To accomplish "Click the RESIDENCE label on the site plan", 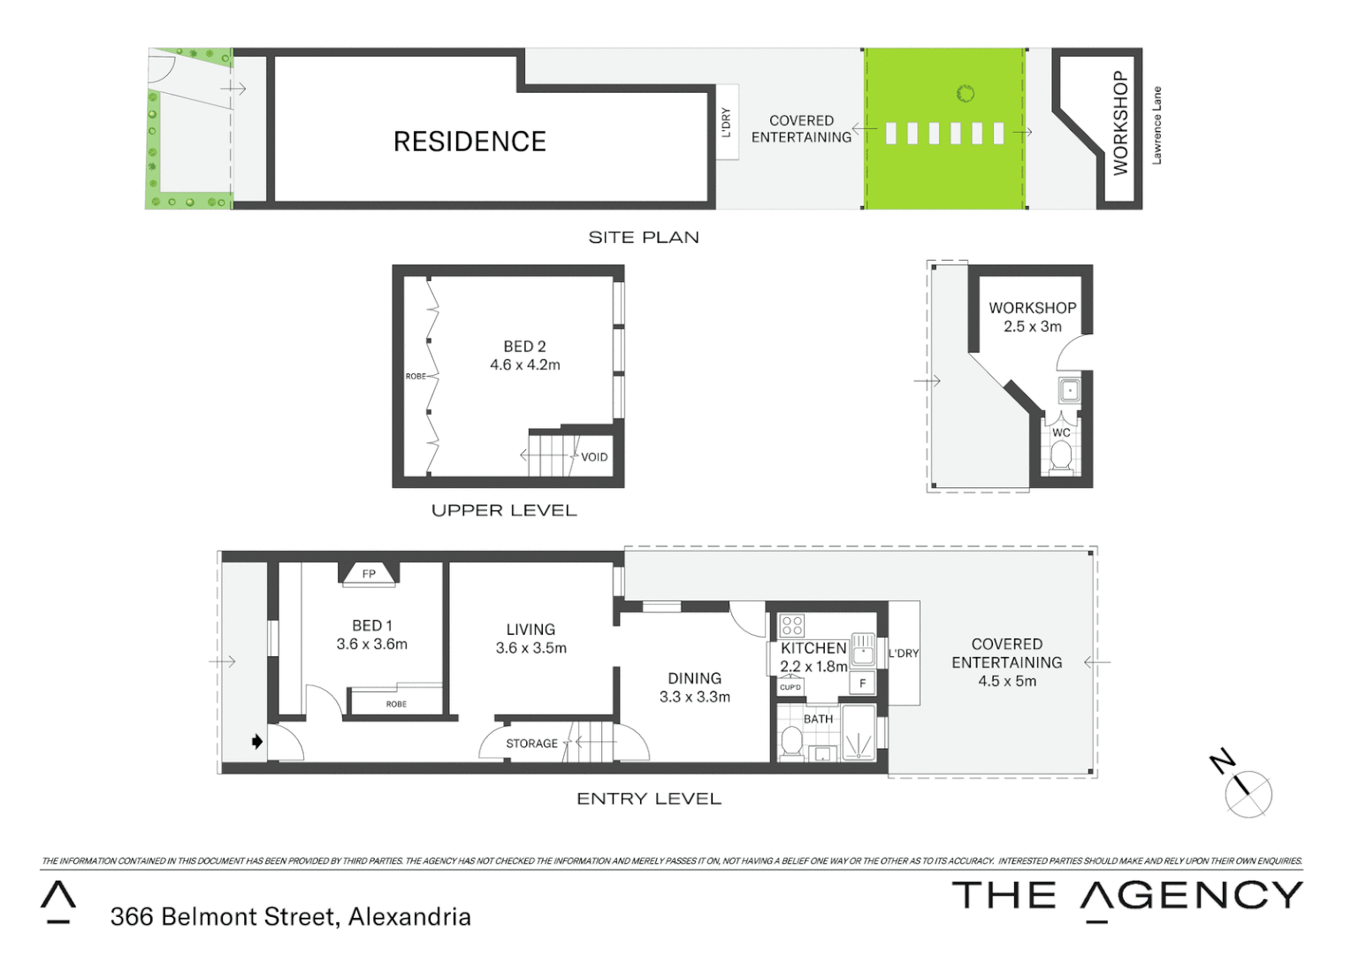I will pos(469,141).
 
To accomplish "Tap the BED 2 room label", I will pos(524,347).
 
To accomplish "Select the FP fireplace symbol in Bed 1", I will pos(369,574).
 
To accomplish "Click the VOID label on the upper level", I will pos(594,457).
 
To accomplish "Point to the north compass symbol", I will pos(1248,793).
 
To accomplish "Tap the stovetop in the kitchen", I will pos(792,626).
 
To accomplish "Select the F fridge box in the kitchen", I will pos(862,684).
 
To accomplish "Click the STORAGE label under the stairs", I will pos(531,744).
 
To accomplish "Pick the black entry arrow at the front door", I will pos(257,742).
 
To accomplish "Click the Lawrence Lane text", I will pos(1156,125).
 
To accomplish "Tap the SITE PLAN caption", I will pos(644,237).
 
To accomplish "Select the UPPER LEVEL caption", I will pos(504,510).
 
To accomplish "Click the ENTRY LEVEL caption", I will pos(649,798).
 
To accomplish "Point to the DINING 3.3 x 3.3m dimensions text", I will pos(695,697).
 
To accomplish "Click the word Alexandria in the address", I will pos(409,917).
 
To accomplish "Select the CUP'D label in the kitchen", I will pos(790,687).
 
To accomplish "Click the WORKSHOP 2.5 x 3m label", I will pos(1033,317).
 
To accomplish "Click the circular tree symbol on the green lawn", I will pos(966,93).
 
